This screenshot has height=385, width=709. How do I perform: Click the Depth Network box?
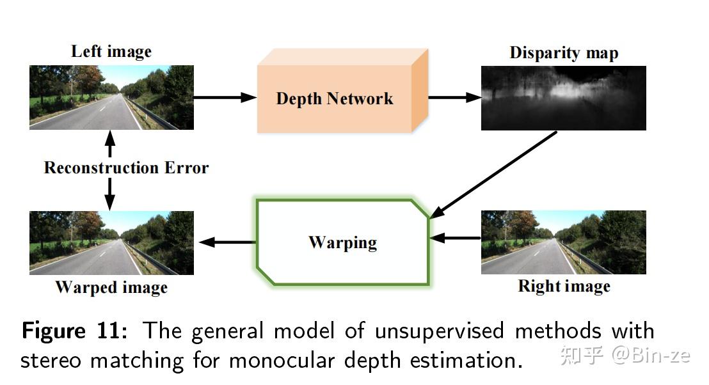334,98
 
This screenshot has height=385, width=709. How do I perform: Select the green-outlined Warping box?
342,242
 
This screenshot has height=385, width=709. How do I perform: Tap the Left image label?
111,52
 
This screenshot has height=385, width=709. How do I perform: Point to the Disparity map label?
564,53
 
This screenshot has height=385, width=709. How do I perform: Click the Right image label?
564,286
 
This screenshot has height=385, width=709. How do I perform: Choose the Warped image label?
111,287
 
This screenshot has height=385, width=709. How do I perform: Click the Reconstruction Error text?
126,168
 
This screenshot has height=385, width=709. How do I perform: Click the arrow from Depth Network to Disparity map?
454,97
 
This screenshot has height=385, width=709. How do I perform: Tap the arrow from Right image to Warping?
455,238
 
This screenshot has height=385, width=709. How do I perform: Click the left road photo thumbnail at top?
111,97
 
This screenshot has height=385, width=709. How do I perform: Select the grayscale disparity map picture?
563,98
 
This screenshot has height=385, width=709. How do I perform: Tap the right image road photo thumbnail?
563,242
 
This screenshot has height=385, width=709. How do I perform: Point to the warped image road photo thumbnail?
111,243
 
